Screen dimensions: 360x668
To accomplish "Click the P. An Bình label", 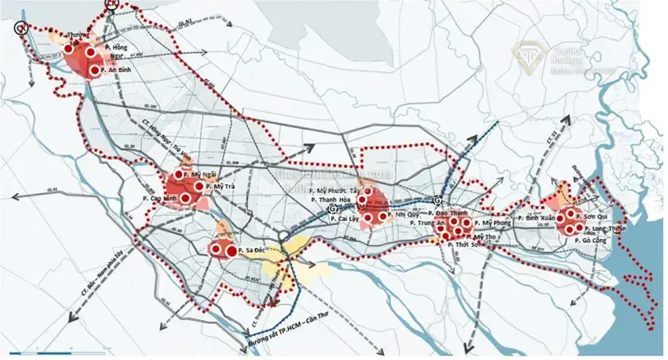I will coord(120,69).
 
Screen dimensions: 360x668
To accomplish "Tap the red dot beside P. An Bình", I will coord(96,70).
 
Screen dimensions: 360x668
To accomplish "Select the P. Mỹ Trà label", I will coord(220,186).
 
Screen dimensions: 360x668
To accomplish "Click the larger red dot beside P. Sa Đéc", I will coord(231,251).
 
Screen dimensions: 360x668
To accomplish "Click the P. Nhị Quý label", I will coord(404,216).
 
